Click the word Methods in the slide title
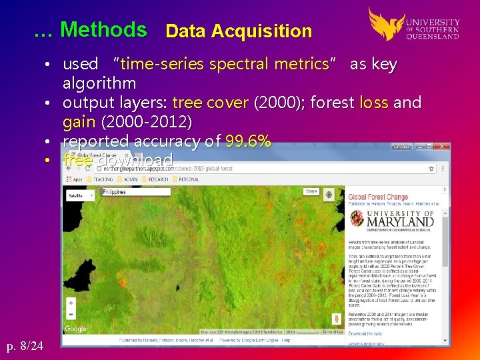tap(103, 29)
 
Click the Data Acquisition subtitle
tap(238, 31)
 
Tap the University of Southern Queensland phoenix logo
tap(386, 23)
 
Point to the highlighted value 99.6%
tap(248, 141)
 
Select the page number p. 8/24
tap(25, 345)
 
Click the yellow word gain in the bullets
tap(79, 122)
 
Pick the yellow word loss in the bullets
tap(373, 103)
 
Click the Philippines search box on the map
tap(136, 192)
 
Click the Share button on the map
tap(311, 191)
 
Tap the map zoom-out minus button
tap(71, 315)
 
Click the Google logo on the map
tap(75, 329)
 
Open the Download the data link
tap(365, 333)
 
